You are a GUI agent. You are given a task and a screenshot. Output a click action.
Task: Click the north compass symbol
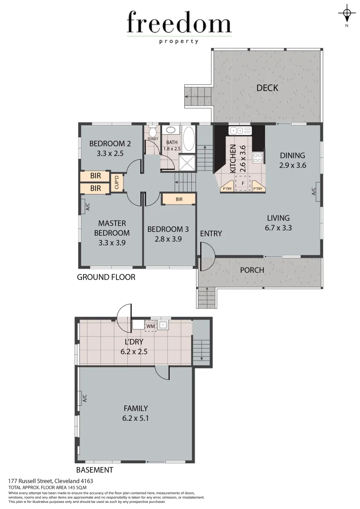347,14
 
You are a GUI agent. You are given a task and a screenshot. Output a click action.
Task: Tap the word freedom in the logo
179,24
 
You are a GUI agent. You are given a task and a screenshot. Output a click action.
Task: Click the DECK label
267,88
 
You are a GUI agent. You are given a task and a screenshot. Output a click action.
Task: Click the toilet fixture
152,131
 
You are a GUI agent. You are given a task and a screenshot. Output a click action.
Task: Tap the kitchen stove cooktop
258,157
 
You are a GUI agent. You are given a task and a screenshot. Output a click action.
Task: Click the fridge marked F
242,183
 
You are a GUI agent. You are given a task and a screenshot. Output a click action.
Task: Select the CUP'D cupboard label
117,182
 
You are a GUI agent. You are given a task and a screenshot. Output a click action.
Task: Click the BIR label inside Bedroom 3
179,199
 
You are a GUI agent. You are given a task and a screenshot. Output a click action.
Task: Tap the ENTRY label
211,234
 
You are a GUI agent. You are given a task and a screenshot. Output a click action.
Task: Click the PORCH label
252,270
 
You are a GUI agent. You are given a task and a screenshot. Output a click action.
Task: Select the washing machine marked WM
150,325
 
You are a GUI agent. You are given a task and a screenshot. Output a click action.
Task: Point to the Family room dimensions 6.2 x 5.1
136,418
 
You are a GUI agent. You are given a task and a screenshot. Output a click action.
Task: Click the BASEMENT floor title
95,470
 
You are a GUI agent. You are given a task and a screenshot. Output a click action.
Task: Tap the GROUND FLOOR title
106,277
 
